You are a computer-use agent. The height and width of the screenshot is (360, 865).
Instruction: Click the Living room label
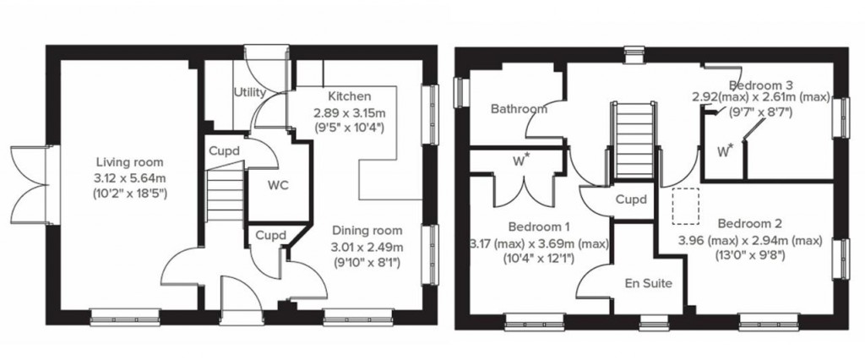pyautogui.click(x=129, y=162)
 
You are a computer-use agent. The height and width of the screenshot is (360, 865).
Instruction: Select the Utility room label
pyautogui.click(x=251, y=92)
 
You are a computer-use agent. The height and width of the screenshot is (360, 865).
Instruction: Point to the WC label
pyautogui.click(x=279, y=184)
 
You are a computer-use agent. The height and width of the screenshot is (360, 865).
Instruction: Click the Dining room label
pyautogui.click(x=367, y=231)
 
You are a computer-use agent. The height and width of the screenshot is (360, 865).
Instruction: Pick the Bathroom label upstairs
pyautogui.click(x=518, y=109)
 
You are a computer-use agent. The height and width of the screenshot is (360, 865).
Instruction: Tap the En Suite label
pyautogui.click(x=649, y=283)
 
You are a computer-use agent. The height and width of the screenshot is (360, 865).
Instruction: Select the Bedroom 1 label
pyautogui.click(x=539, y=226)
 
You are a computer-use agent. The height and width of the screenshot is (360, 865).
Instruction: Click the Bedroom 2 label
pyautogui.click(x=748, y=224)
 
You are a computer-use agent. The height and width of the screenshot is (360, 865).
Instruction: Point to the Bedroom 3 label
pyautogui.click(x=760, y=85)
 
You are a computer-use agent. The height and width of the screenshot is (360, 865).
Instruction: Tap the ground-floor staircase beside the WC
pyautogui.click(x=225, y=194)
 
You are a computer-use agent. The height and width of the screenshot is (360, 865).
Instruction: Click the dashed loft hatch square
pyautogui.click(x=685, y=206)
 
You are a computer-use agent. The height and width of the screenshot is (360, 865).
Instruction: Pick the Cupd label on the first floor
pyautogui.click(x=630, y=200)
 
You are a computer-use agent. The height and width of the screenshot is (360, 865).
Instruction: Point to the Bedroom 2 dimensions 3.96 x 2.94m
pyautogui.click(x=750, y=241)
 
